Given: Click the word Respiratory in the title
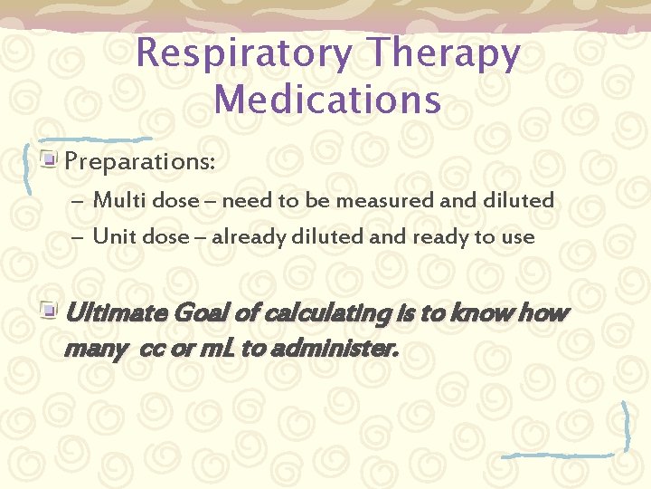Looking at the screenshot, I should point(242,55).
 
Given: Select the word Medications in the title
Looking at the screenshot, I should point(328,98).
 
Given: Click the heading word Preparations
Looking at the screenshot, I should point(140,163).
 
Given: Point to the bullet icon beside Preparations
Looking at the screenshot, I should point(51,161).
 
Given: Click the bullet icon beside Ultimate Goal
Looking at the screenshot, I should point(51,312).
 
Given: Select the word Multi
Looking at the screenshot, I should point(115,200).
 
